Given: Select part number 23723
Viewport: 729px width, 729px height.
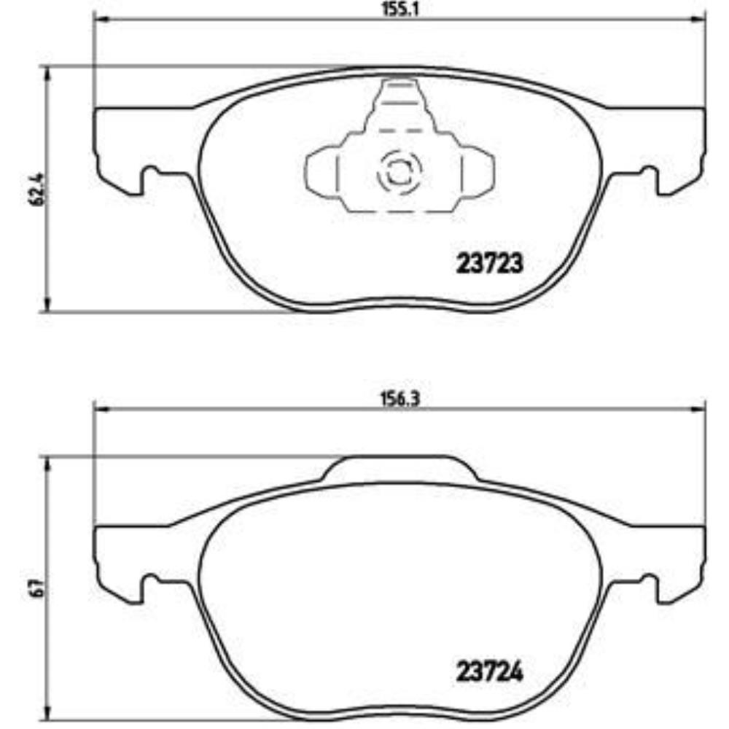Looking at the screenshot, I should click(489, 263).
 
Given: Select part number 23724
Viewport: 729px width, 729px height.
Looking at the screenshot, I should click(489, 671).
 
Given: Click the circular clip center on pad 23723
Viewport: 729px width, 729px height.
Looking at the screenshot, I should click(398, 173).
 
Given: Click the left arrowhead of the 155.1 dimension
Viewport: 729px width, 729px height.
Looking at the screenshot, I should click(100, 20).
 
